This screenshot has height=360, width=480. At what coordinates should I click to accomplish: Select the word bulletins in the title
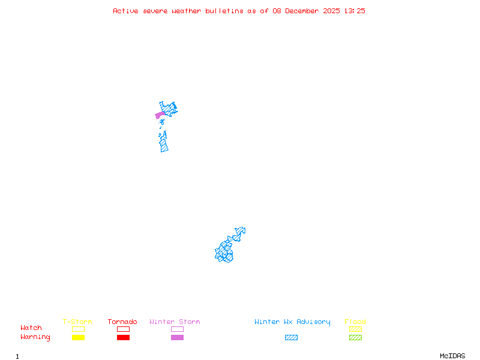224,11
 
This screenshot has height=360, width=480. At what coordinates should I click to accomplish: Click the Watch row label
31,328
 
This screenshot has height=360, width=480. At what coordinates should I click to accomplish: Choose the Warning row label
35,337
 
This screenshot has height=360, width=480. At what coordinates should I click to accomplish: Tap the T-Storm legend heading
77,322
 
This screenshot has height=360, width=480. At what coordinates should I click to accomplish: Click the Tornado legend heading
122,322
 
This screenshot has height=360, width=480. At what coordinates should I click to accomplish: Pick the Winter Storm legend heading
175,322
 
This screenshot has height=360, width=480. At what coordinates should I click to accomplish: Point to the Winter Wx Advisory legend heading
292,322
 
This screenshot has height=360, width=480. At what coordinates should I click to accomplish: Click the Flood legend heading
355,322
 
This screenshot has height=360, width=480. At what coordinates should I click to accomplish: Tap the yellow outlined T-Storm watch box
78,329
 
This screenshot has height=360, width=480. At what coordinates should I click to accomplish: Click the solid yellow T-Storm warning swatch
78,338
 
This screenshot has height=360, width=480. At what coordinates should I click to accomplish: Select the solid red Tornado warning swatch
123,338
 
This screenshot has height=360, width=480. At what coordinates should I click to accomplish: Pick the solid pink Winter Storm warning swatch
177,338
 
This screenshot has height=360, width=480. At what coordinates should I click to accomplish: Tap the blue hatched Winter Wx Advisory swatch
291,338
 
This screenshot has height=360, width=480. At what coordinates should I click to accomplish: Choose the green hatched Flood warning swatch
355,338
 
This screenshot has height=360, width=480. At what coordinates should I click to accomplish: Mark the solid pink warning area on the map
160,115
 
